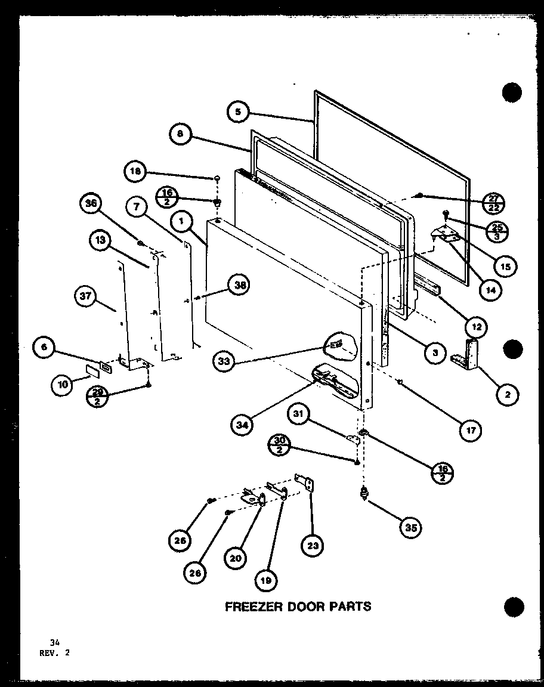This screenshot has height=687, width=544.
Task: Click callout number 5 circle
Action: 237,112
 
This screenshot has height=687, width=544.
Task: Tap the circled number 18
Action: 135,172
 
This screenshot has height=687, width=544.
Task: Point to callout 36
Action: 91,205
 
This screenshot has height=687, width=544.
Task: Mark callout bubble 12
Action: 476,326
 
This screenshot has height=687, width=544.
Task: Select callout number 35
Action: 410,527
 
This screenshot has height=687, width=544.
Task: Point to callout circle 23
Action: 314,544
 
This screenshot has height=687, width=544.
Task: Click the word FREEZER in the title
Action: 253,606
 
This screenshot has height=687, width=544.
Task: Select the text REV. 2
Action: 51,653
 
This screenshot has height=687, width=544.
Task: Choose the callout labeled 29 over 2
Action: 97,394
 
